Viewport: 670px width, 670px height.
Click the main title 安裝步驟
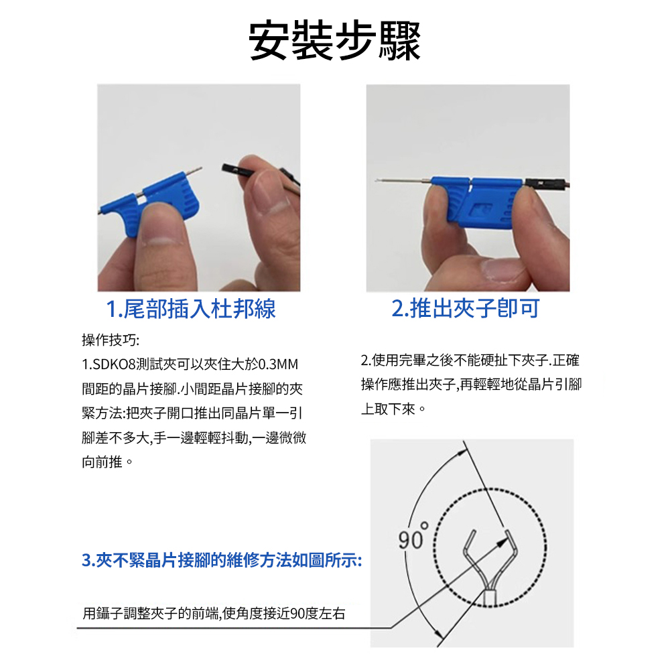click(x=334, y=42)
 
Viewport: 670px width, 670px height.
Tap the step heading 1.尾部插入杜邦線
click(x=190, y=308)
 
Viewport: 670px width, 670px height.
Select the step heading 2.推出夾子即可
click(x=466, y=308)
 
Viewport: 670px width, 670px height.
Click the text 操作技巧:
click(x=111, y=340)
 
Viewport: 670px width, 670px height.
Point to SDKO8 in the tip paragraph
click(x=114, y=364)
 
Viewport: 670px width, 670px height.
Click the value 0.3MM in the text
click(x=279, y=364)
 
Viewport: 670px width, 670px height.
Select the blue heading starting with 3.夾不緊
click(x=222, y=560)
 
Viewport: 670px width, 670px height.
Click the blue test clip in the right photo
click(x=477, y=201)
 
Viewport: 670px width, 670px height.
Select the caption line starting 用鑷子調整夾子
click(x=214, y=614)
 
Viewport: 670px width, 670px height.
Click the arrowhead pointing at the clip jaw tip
click(x=503, y=541)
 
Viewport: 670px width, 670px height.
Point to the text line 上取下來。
click(x=393, y=409)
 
